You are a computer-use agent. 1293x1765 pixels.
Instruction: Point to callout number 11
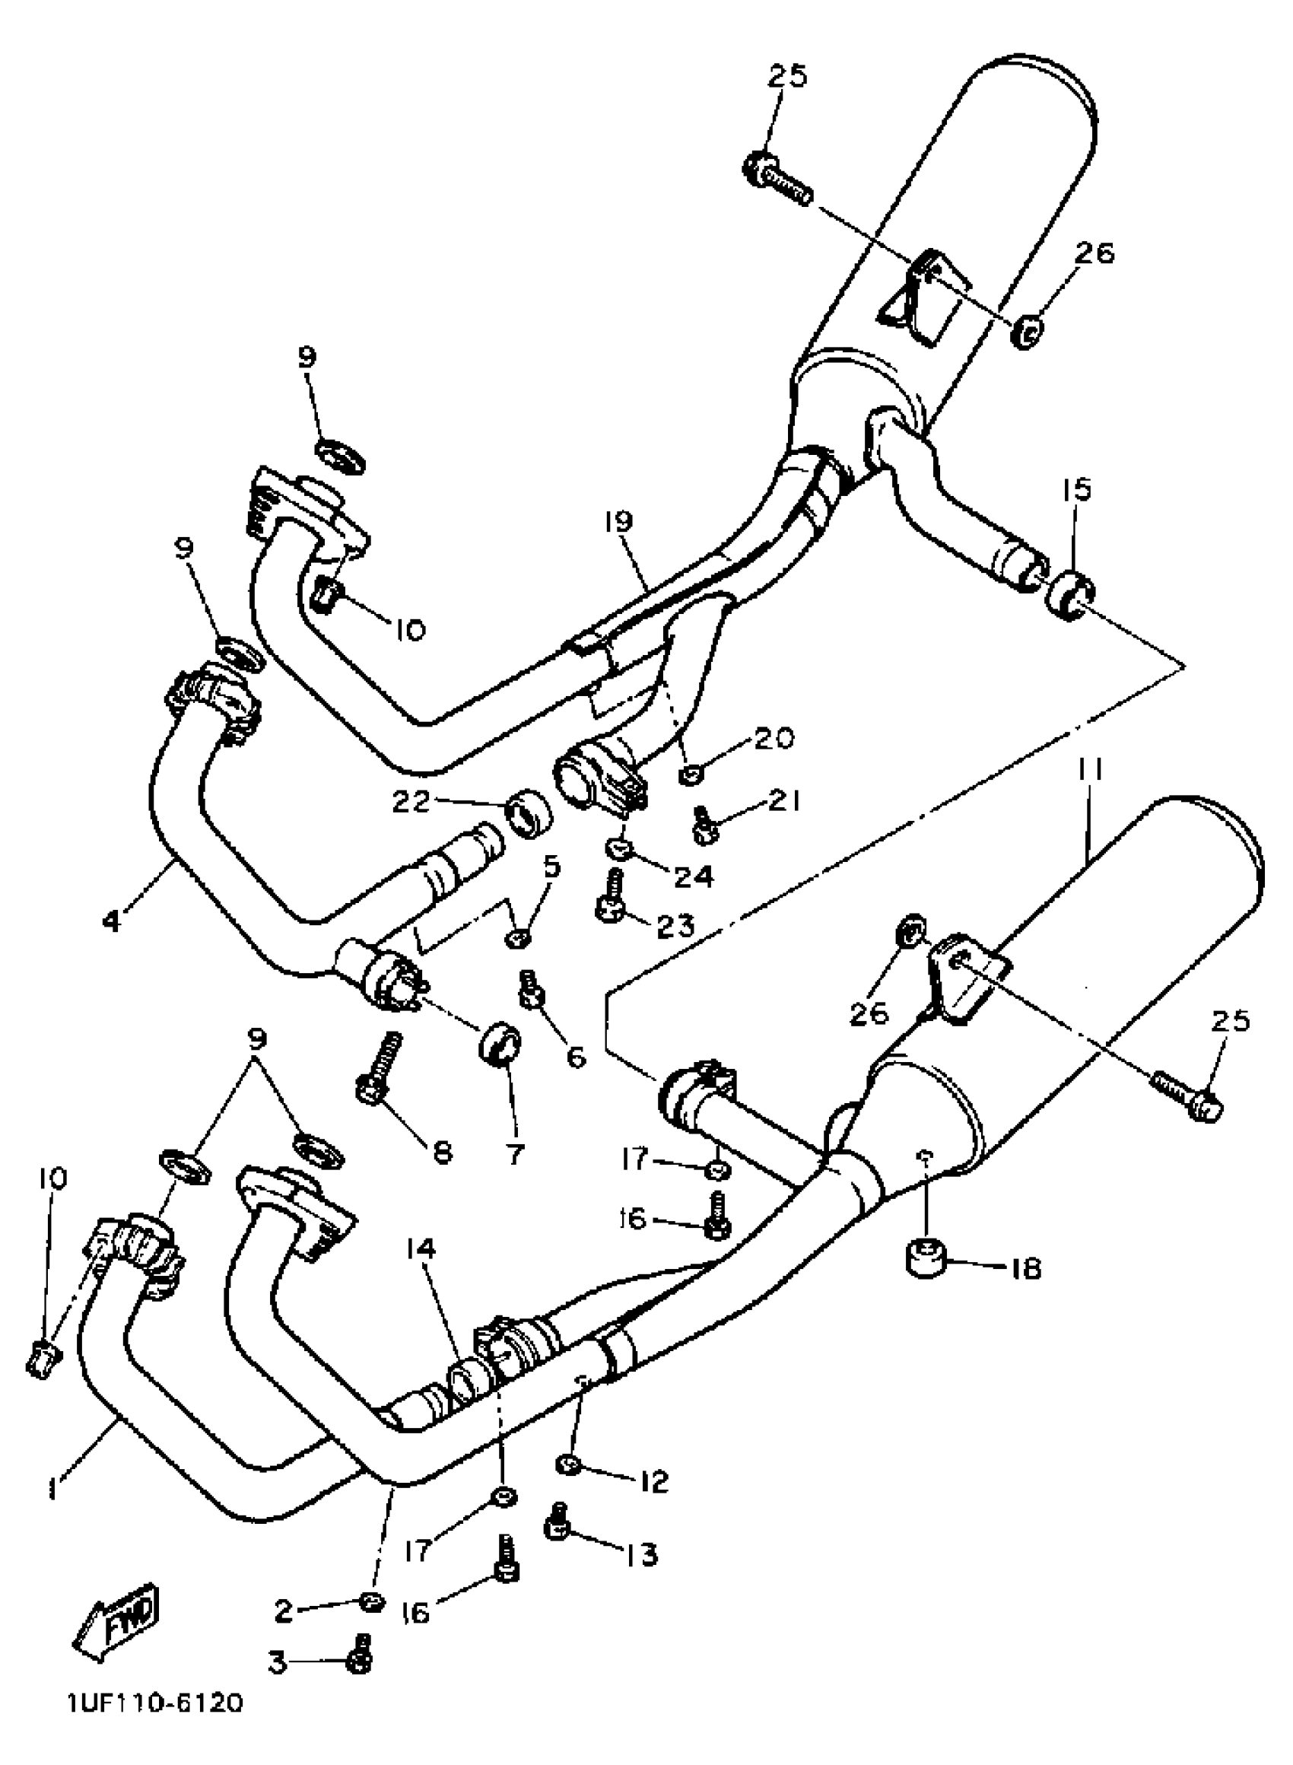pos(1088,771)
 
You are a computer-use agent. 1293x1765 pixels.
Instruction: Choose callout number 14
pos(421,1250)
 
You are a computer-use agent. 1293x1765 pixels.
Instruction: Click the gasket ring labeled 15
pos(1068,595)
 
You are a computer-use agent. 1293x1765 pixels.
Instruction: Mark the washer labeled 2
pos(371,1601)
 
